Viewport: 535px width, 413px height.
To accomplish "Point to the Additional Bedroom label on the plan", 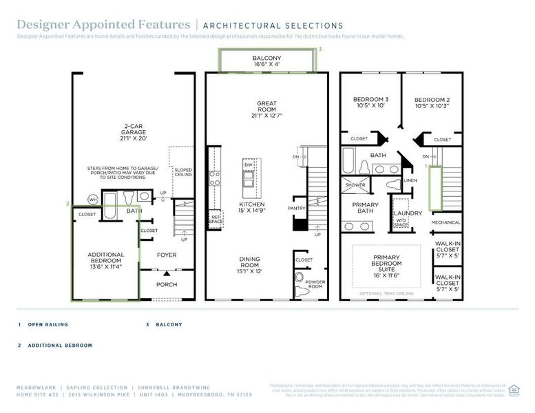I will [106, 258].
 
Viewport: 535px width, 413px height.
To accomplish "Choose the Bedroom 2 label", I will [432, 103].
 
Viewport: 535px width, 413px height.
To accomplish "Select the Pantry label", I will [297, 207].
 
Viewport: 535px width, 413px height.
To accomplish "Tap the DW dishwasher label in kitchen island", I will [248, 165].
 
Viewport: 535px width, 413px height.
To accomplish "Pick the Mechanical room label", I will [445, 222].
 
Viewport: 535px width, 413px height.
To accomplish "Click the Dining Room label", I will [249, 263].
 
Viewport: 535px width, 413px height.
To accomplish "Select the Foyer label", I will [166, 255].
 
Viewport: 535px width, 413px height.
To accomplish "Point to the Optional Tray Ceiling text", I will [386, 293].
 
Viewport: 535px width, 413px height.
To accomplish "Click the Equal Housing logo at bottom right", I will [513, 389].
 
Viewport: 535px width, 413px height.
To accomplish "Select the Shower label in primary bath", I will [355, 185].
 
